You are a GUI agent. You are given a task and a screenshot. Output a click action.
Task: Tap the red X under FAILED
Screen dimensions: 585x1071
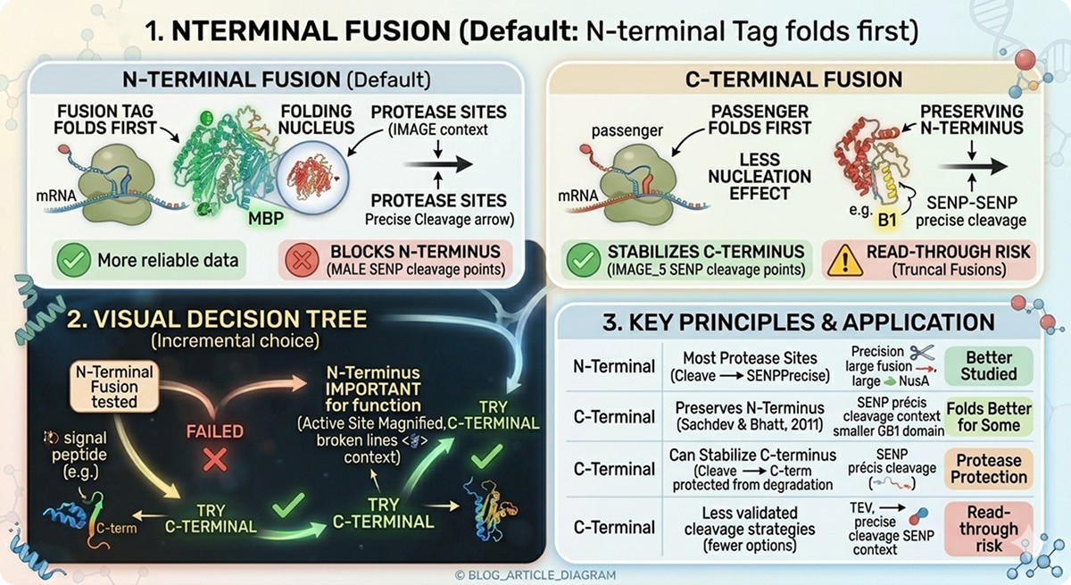tap(215, 461)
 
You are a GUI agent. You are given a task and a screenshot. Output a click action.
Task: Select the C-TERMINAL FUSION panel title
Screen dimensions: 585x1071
tap(793, 79)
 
